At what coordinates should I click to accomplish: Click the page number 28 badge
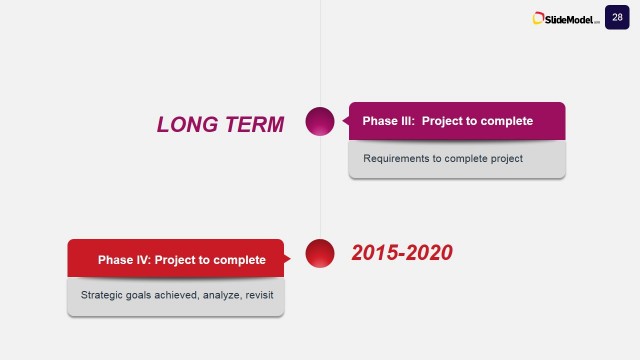pyautogui.click(x=617, y=17)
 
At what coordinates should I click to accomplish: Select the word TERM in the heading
pyautogui.click(x=253, y=124)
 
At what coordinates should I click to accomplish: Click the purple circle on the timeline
pyautogui.click(x=319, y=121)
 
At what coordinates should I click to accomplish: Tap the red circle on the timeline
pyautogui.click(x=319, y=253)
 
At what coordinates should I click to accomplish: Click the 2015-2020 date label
pyautogui.click(x=402, y=253)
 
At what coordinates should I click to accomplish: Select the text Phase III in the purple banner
pyautogui.click(x=387, y=121)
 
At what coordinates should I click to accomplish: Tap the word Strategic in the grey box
pyautogui.click(x=102, y=295)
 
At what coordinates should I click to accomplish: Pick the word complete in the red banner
pyautogui.click(x=240, y=260)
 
